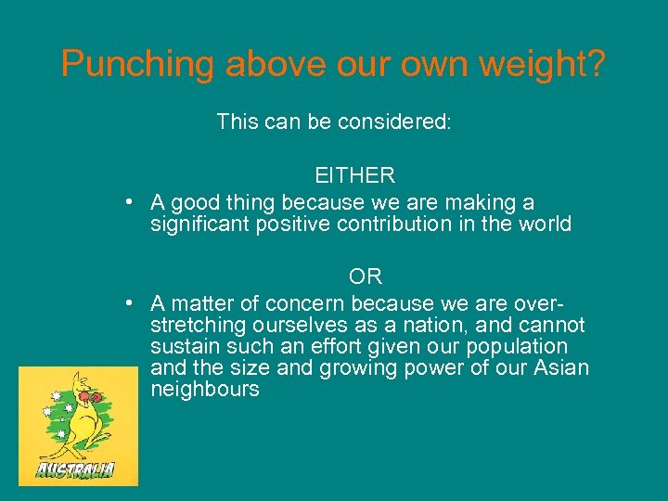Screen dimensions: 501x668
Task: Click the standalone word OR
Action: [x=366, y=276]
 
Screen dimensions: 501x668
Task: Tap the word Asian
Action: [x=561, y=368]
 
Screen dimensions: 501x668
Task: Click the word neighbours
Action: [x=204, y=390]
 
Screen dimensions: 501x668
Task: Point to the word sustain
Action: [x=181, y=347]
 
